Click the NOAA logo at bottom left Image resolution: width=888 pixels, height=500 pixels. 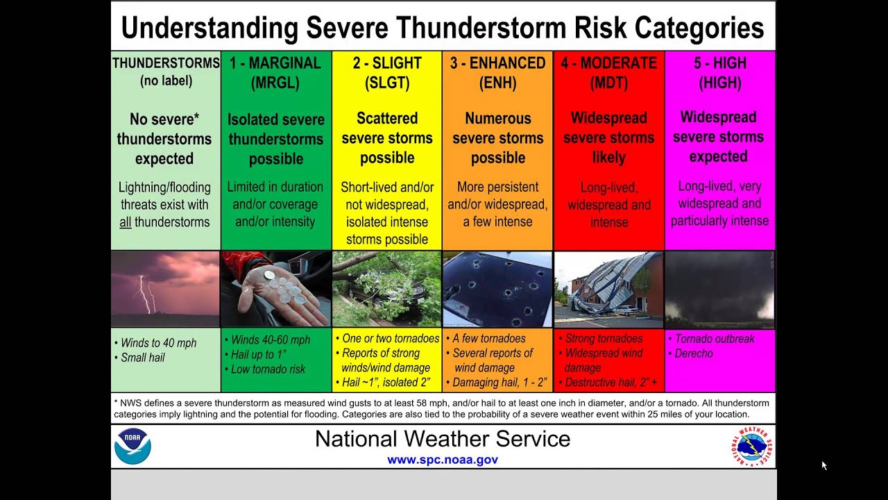coord(133,446)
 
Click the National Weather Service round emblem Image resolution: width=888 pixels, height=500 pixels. coord(752,446)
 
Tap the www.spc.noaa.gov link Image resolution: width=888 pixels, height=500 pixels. coord(443,460)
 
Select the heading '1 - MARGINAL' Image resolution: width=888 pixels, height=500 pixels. coord(275,63)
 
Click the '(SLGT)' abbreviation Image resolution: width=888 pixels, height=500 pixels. coord(387,83)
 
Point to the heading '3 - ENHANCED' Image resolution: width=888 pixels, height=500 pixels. coord(497,63)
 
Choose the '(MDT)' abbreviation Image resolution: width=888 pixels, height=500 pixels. coord(608,83)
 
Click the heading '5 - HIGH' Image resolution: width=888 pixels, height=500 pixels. coord(719,63)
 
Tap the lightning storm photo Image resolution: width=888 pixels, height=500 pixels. coord(165,289)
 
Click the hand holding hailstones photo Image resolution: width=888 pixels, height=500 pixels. coord(276,289)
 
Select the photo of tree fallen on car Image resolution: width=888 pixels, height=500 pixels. coord(386,289)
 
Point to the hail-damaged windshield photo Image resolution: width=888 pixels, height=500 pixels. coord(497,289)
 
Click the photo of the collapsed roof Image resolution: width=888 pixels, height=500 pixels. coord(608,289)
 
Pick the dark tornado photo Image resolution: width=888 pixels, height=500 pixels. coord(719,289)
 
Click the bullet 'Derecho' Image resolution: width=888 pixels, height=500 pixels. coord(694,353)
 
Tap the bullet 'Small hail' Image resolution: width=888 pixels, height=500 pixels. coord(142,358)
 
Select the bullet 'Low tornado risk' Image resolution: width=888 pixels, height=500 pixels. coord(268,369)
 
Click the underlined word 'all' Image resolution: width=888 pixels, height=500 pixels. coord(125,222)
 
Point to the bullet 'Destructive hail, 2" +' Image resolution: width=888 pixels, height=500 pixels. coord(610,383)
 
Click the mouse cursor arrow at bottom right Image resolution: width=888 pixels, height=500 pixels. coord(824,465)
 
